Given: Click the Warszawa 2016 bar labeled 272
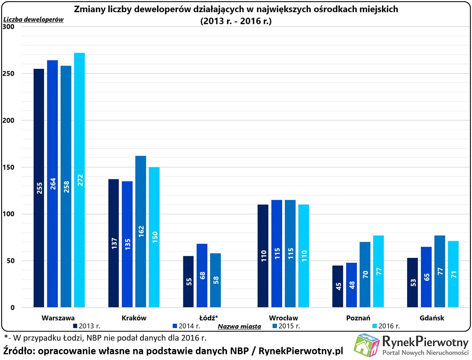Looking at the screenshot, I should tap(79, 180).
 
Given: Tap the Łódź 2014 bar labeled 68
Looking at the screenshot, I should tap(202, 275).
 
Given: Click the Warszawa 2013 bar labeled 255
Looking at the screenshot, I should tap(39, 188).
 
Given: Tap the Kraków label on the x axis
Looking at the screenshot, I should tap(134, 318).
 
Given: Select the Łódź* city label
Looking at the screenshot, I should tap(209, 318).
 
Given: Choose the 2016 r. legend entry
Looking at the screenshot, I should tap(389, 326).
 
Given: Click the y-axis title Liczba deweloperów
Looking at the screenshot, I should tap(34, 19).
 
